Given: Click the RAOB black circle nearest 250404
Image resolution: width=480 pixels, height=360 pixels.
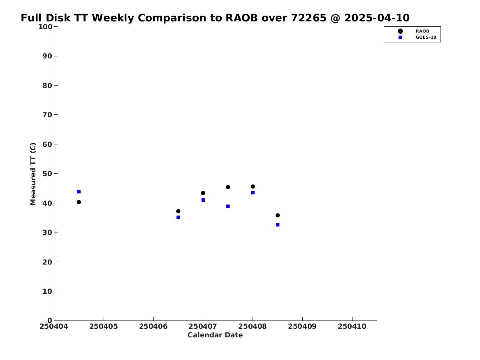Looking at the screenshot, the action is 79,202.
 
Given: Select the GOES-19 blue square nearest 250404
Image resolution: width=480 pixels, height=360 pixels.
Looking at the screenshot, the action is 79,192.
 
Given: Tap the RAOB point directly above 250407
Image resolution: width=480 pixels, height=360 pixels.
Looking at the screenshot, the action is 203,193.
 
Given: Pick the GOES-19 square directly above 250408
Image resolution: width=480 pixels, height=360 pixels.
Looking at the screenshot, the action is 253,193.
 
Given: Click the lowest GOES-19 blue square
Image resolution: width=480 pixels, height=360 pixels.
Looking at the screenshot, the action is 278,225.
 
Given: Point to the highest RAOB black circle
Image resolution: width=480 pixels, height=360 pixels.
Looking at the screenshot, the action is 253,186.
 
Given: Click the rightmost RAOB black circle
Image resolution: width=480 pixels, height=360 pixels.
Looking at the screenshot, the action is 278,215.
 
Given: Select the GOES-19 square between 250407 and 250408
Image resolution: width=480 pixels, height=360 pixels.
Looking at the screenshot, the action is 228,206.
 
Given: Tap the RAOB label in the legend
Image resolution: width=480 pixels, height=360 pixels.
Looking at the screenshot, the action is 422,31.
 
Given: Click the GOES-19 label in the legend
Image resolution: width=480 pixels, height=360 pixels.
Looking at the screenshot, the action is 426,37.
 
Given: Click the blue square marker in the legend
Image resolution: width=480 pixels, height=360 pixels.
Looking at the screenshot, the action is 400,37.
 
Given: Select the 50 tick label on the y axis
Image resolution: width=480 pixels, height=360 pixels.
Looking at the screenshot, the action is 47,174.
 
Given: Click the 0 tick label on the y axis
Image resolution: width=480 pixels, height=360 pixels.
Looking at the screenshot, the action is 50,321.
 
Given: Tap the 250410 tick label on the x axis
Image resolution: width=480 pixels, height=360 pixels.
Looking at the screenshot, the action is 352,326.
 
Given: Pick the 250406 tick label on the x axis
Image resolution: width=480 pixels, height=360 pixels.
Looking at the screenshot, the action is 153,326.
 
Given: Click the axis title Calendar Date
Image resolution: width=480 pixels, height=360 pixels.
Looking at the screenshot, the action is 215,335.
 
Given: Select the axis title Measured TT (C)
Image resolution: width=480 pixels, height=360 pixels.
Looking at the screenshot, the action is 33,174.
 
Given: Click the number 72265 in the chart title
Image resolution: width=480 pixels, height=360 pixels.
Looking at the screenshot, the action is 309,18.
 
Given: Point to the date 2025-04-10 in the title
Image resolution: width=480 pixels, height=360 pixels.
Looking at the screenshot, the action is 377,18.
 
